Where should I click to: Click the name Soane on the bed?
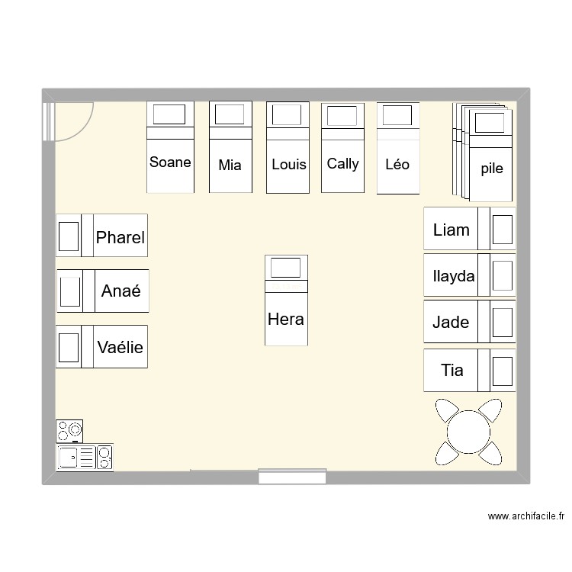point(170,162)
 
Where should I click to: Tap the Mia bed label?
point(230,164)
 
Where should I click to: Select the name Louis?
point(288,164)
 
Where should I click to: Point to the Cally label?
point(342,163)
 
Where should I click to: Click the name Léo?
point(397,164)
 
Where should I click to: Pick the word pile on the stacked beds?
point(492,169)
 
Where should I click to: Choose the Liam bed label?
point(451,230)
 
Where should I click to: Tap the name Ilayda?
point(453,276)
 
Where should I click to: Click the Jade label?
point(451,323)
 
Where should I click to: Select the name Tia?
point(452,371)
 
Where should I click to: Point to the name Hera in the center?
point(286,319)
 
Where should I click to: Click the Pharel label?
point(120,238)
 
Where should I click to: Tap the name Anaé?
point(121,291)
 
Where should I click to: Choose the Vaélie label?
point(120,348)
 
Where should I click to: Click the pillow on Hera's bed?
point(286,268)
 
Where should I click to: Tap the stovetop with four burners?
point(69,431)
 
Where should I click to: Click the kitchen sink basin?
point(68,458)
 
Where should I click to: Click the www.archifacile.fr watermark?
point(525,516)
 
